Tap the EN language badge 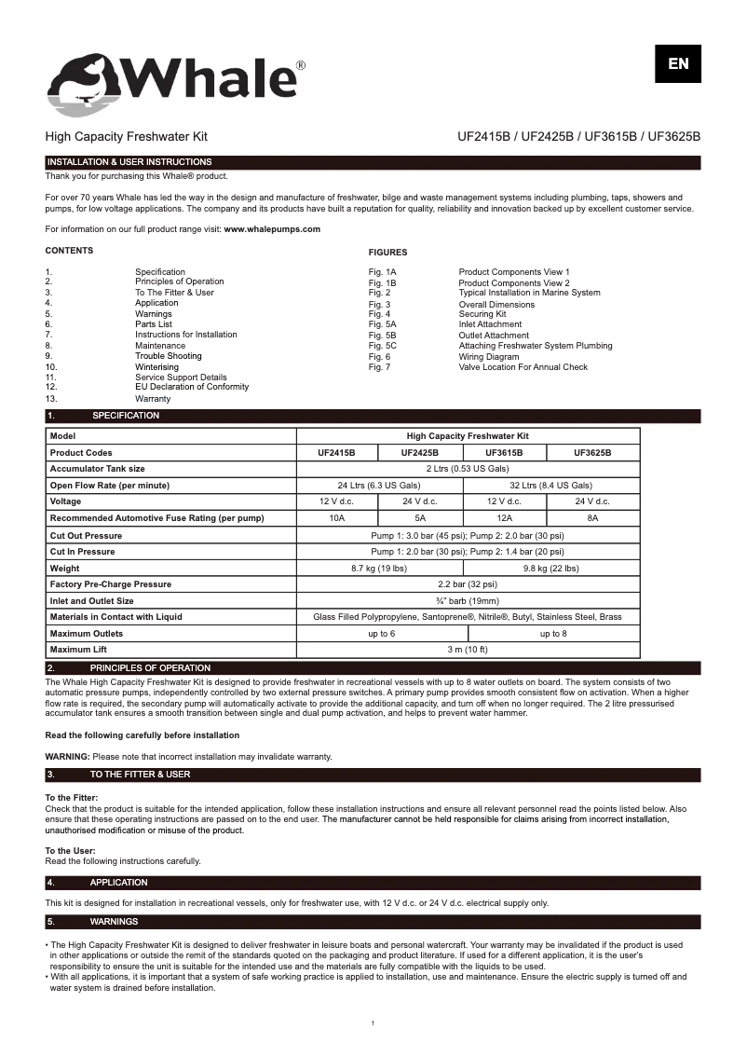[x=677, y=63]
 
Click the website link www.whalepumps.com [x=272, y=229]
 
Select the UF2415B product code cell [x=336, y=452]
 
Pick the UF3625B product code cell [x=592, y=452]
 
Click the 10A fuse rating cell [x=336, y=517]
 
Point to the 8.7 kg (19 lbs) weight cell [x=378, y=568]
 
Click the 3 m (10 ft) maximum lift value [x=468, y=650]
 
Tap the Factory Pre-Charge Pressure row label [x=111, y=584]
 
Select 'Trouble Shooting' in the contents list [x=168, y=356]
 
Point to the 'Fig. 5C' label [x=382, y=346]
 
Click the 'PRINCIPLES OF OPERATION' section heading [x=150, y=668]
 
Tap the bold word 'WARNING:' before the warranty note [x=67, y=756]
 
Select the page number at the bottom [x=373, y=1024]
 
